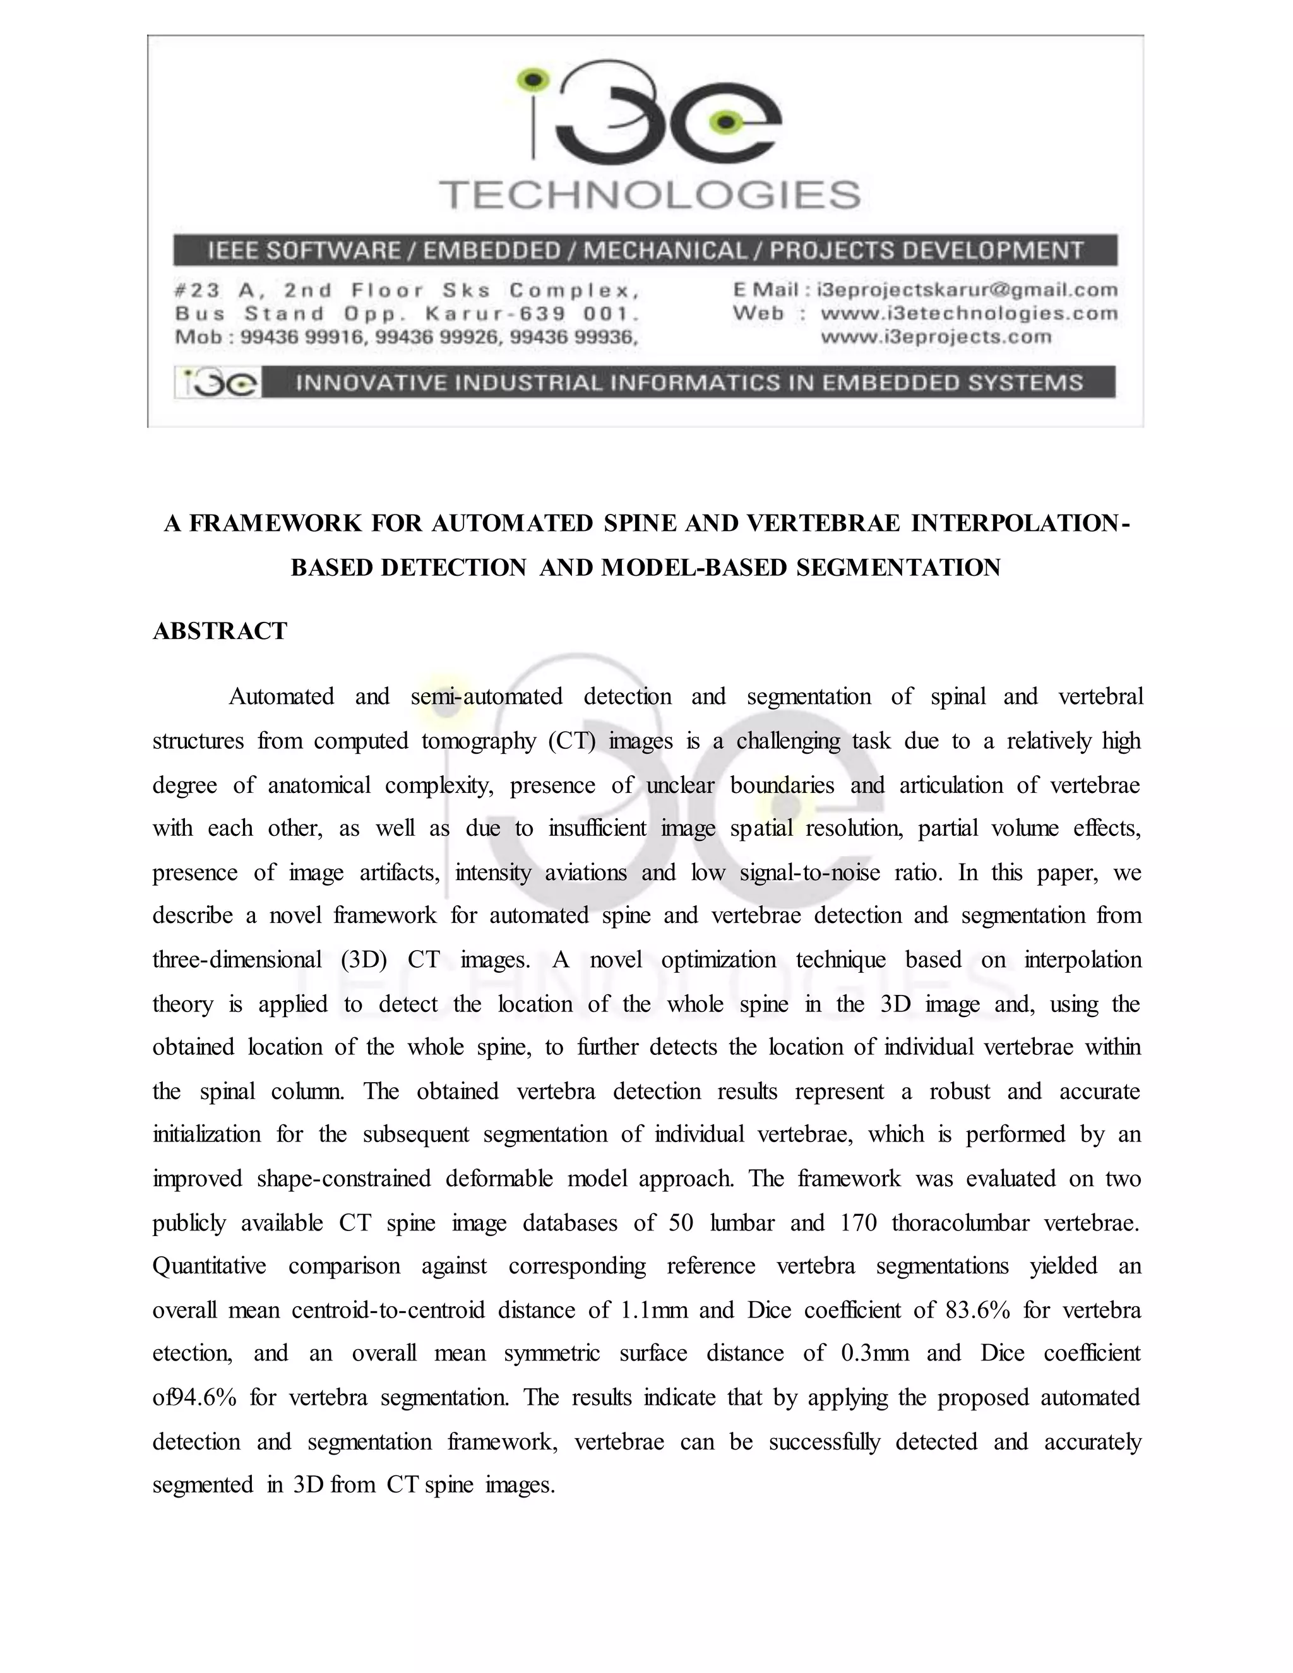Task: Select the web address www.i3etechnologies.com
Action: coord(969,313)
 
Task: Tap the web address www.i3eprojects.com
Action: coord(936,337)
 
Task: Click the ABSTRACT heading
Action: coord(220,631)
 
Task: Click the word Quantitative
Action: coord(209,1267)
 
